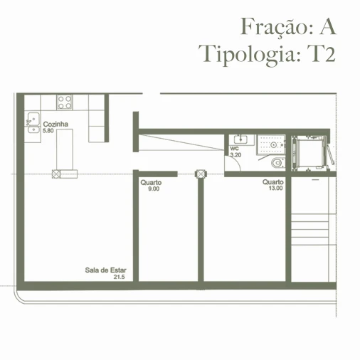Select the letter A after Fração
[x=327, y=26]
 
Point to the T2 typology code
[x=320, y=54]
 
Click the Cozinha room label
[x=55, y=125]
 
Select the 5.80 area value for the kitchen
[x=48, y=131]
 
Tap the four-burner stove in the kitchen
[x=65, y=101]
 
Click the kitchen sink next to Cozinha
[x=33, y=122]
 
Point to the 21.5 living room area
[x=119, y=277]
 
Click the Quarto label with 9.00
[x=151, y=183]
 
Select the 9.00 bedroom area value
[x=153, y=189]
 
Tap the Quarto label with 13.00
[x=272, y=182]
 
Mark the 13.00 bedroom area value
[x=275, y=189]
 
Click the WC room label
[x=234, y=148]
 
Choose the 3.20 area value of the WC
[x=236, y=154]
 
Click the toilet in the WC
[x=277, y=163]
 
